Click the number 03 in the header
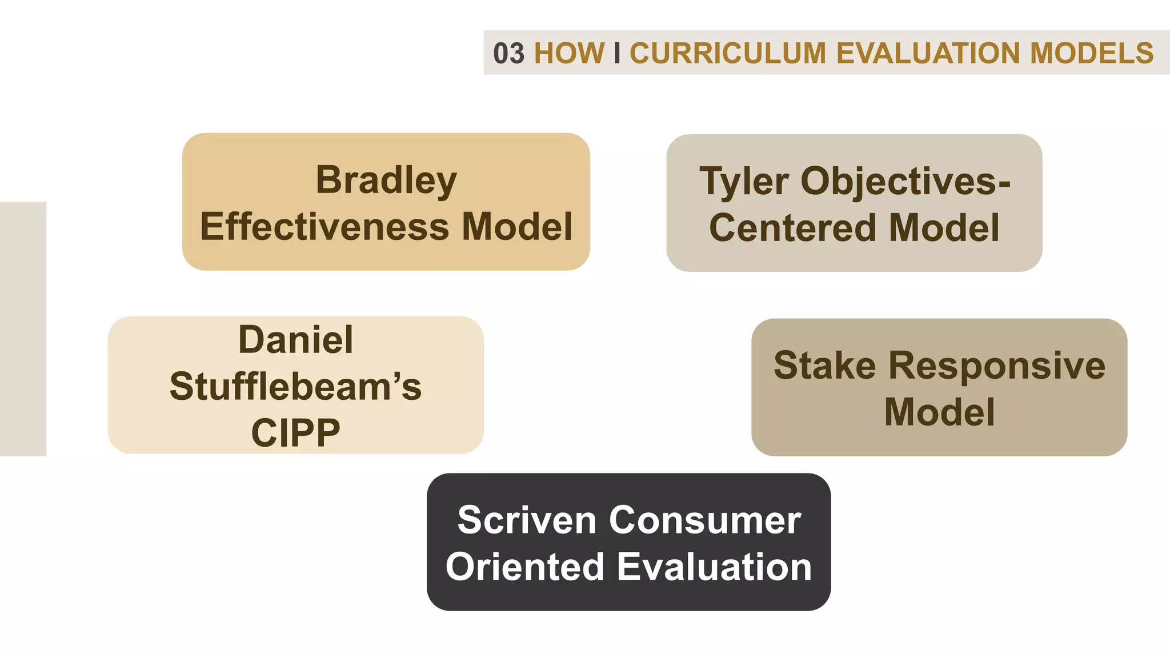click(508, 53)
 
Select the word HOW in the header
click(569, 53)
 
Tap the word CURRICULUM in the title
click(728, 53)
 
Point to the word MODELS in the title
click(1092, 53)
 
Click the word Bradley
click(386, 180)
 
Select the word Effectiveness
click(324, 227)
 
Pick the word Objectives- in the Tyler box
click(906, 182)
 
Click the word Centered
click(792, 228)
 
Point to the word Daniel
click(295, 340)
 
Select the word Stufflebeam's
click(295, 387)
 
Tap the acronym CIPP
click(295, 433)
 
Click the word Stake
click(824, 366)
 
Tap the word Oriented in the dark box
click(524, 567)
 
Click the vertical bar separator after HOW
click(617, 53)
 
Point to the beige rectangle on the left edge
click(23, 328)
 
